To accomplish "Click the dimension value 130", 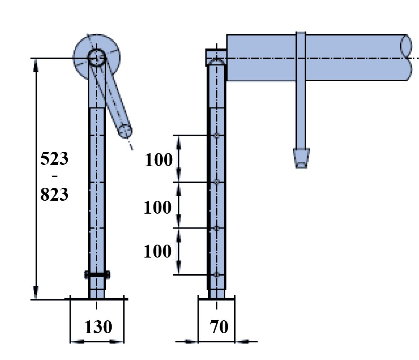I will [x=98, y=327].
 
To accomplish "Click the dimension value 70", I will [x=219, y=327].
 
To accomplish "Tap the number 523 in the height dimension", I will [x=54, y=159].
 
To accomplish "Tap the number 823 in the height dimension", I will [x=54, y=194].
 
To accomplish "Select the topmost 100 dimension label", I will [x=158, y=160].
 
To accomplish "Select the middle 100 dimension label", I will [x=158, y=207].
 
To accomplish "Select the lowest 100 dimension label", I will [x=158, y=252].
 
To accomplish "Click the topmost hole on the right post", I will [x=216, y=136].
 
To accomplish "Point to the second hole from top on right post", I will [x=216, y=182].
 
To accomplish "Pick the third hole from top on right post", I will [x=216, y=228].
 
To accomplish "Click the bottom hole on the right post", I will [x=216, y=275].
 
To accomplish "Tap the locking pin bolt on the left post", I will [x=97, y=274].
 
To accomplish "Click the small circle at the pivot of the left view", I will [x=97, y=57].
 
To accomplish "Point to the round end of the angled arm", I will [x=124, y=130].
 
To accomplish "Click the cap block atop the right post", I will [x=216, y=57].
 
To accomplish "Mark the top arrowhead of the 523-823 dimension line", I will [x=36, y=63].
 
